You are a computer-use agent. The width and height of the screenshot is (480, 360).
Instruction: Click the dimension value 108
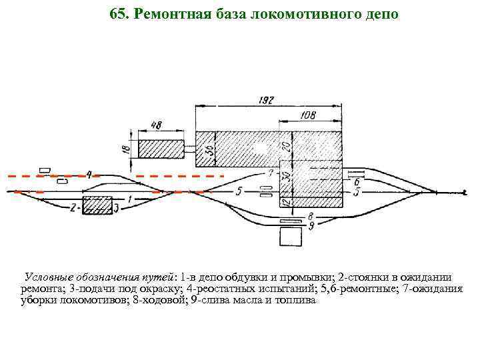309,115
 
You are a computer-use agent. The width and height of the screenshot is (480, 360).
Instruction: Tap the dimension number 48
158,124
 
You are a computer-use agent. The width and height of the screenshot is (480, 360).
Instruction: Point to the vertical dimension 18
126,149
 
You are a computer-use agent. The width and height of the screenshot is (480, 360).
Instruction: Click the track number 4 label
89,175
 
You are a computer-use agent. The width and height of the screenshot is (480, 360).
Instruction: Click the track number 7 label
271,173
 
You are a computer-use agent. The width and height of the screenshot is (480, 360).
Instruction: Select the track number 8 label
310,215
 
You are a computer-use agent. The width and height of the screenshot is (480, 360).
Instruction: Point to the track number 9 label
311,227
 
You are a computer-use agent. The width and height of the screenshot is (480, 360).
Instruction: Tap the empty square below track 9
291,237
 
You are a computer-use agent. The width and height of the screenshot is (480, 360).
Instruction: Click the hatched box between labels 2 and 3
97,205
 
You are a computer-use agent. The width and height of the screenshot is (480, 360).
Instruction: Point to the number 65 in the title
117,14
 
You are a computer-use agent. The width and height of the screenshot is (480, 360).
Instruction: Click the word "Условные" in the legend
50,277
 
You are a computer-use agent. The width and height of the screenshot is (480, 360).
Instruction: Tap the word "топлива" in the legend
299,301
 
